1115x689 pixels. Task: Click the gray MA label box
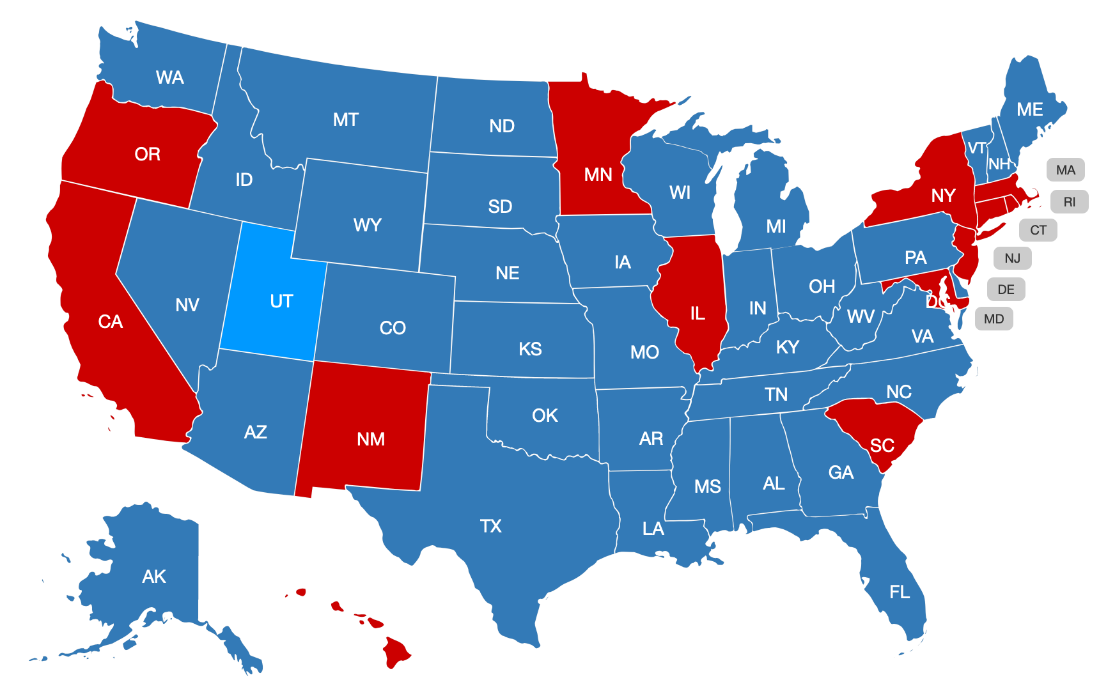[x=1065, y=170]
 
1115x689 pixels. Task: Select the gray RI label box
[x=1069, y=202]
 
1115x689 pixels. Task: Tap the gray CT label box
[x=1038, y=230]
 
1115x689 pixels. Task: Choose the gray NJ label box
[x=1012, y=258]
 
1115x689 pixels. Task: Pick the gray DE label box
[x=1006, y=290]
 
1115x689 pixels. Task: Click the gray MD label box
[x=994, y=319]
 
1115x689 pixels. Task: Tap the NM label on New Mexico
[x=371, y=439]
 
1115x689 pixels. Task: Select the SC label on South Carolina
[x=882, y=445]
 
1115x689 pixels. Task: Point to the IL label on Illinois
[x=698, y=313]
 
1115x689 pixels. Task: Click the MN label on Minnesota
[x=598, y=174]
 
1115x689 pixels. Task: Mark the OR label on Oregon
[x=147, y=154]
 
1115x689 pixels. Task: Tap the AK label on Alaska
[x=154, y=577]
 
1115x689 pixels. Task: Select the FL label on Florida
[x=900, y=592]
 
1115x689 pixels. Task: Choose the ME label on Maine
[x=1029, y=109]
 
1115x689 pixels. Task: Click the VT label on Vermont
[x=976, y=148]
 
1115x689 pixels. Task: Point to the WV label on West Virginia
[x=861, y=316]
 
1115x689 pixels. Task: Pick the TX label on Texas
[x=490, y=526]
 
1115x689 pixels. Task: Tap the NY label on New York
[x=943, y=195]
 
